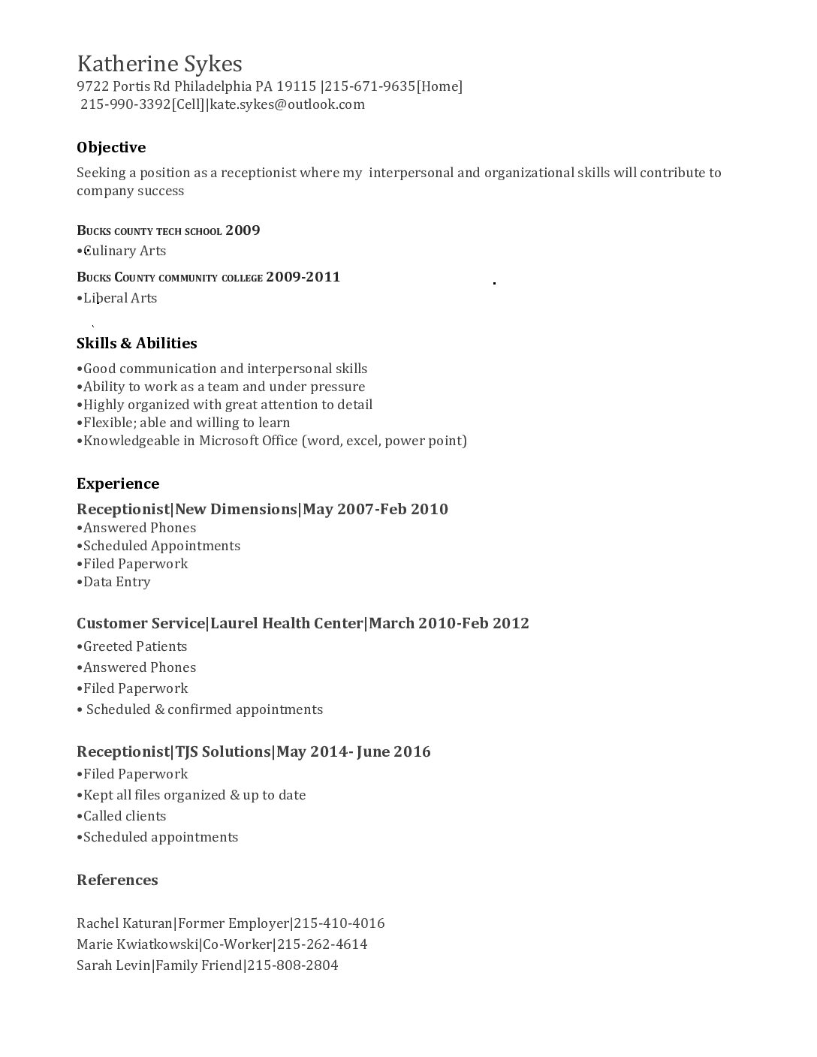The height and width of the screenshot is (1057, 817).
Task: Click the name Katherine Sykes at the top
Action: (x=159, y=63)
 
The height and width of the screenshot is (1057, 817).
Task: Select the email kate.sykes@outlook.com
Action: (x=287, y=104)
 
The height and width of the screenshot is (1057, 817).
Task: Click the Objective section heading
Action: (x=111, y=147)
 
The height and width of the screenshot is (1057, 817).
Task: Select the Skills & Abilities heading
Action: (x=137, y=343)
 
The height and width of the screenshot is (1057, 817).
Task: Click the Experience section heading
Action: (x=118, y=483)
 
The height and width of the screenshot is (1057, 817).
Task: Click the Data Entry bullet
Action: (x=116, y=582)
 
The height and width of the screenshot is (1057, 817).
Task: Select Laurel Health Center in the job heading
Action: (x=288, y=623)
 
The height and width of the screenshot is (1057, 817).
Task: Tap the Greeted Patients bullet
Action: (x=134, y=646)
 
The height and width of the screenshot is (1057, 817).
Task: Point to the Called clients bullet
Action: (x=124, y=816)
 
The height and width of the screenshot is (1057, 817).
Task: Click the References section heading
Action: (x=117, y=880)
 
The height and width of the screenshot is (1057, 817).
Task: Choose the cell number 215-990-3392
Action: (x=125, y=104)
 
